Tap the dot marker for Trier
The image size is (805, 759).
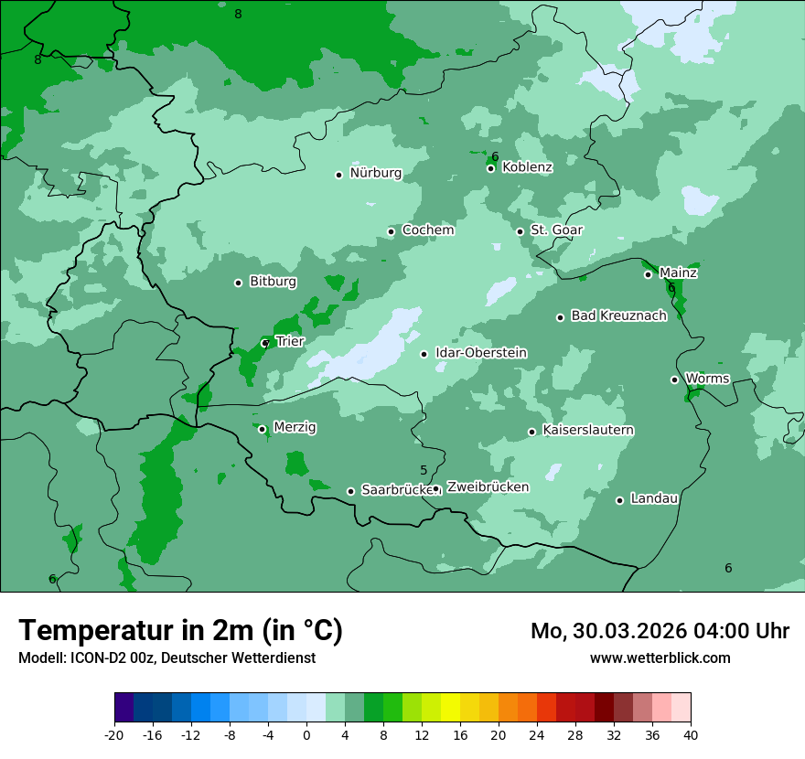[265, 344]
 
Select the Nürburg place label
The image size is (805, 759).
[375, 173]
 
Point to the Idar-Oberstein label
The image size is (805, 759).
[481, 353]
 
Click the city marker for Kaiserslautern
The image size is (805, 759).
[531, 432]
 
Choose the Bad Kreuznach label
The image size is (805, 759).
[618, 315]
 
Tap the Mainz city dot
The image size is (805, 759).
[648, 274]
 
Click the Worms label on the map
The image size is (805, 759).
[707, 379]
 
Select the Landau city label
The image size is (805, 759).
[654, 498]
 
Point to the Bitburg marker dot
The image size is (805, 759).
[238, 283]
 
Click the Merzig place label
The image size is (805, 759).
[295, 427]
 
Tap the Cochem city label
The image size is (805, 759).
[428, 230]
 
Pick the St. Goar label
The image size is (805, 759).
[557, 230]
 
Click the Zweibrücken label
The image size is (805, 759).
[488, 487]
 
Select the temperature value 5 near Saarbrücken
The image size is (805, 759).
[424, 471]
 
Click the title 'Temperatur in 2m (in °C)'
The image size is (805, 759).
[180, 631]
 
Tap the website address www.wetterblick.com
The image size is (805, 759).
[660, 658]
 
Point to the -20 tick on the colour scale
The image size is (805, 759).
[114, 734]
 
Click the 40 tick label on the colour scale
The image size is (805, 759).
[691, 734]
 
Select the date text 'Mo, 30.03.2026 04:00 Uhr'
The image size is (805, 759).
[660, 631]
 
